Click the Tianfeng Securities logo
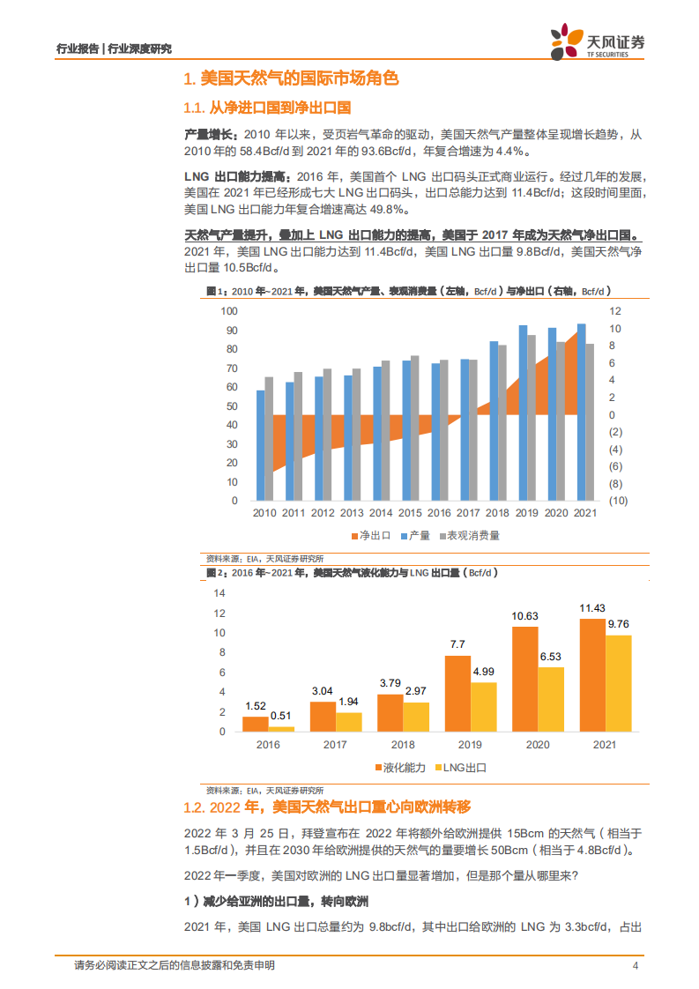pyautogui.click(x=597, y=41)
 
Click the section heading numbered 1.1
pyautogui.click(x=267, y=108)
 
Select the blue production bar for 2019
pyautogui.click(x=523, y=413)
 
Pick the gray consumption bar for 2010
pyautogui.click(x=269, y=438)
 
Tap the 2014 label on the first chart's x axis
pyautogui.click(x=381, y=513)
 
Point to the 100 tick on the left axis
pyautogui.click(x=229, y=311)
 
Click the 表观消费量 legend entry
pyautogui.click(x=467, y=535)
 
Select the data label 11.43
pyautogui.click(x=591, y=608)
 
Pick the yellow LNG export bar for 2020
pyautogui.click(x=550, y=699)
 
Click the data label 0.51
pyautogui.click(x=282, y=716)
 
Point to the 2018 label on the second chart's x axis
pyautogui.click(x=390, y=745)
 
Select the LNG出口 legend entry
pyautogui.click(x=463, y=767)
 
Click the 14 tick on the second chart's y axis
pyautogui.click(x=220, y=593)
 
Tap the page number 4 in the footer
pyautogui.click(x=636, y=966)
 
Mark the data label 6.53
pyautogui.click(x=550, y=657)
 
